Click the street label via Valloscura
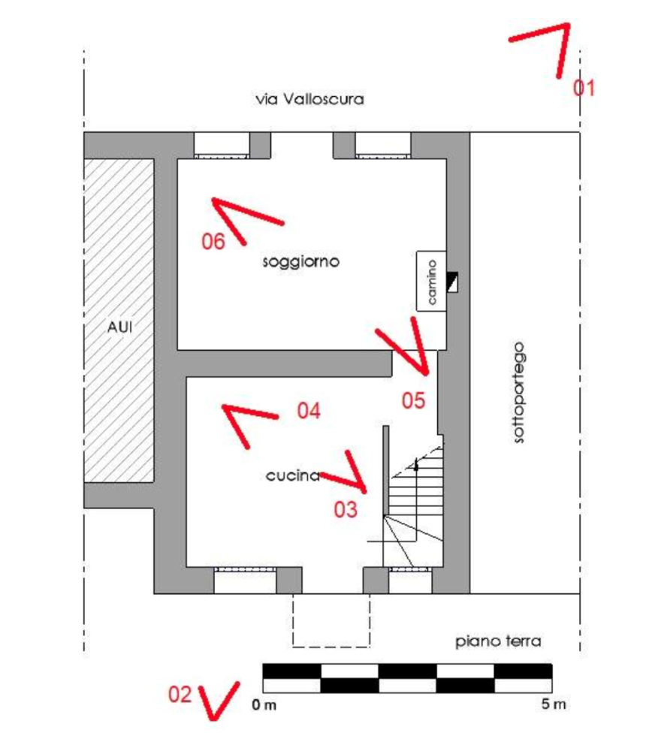(309, 99)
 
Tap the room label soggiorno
(301, 261)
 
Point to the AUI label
(119, 327)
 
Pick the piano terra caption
(499, 641)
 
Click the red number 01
(585, 88)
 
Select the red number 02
(180, 694)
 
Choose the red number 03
(345, 508)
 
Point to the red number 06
(214, 241)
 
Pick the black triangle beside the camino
(451, 282)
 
